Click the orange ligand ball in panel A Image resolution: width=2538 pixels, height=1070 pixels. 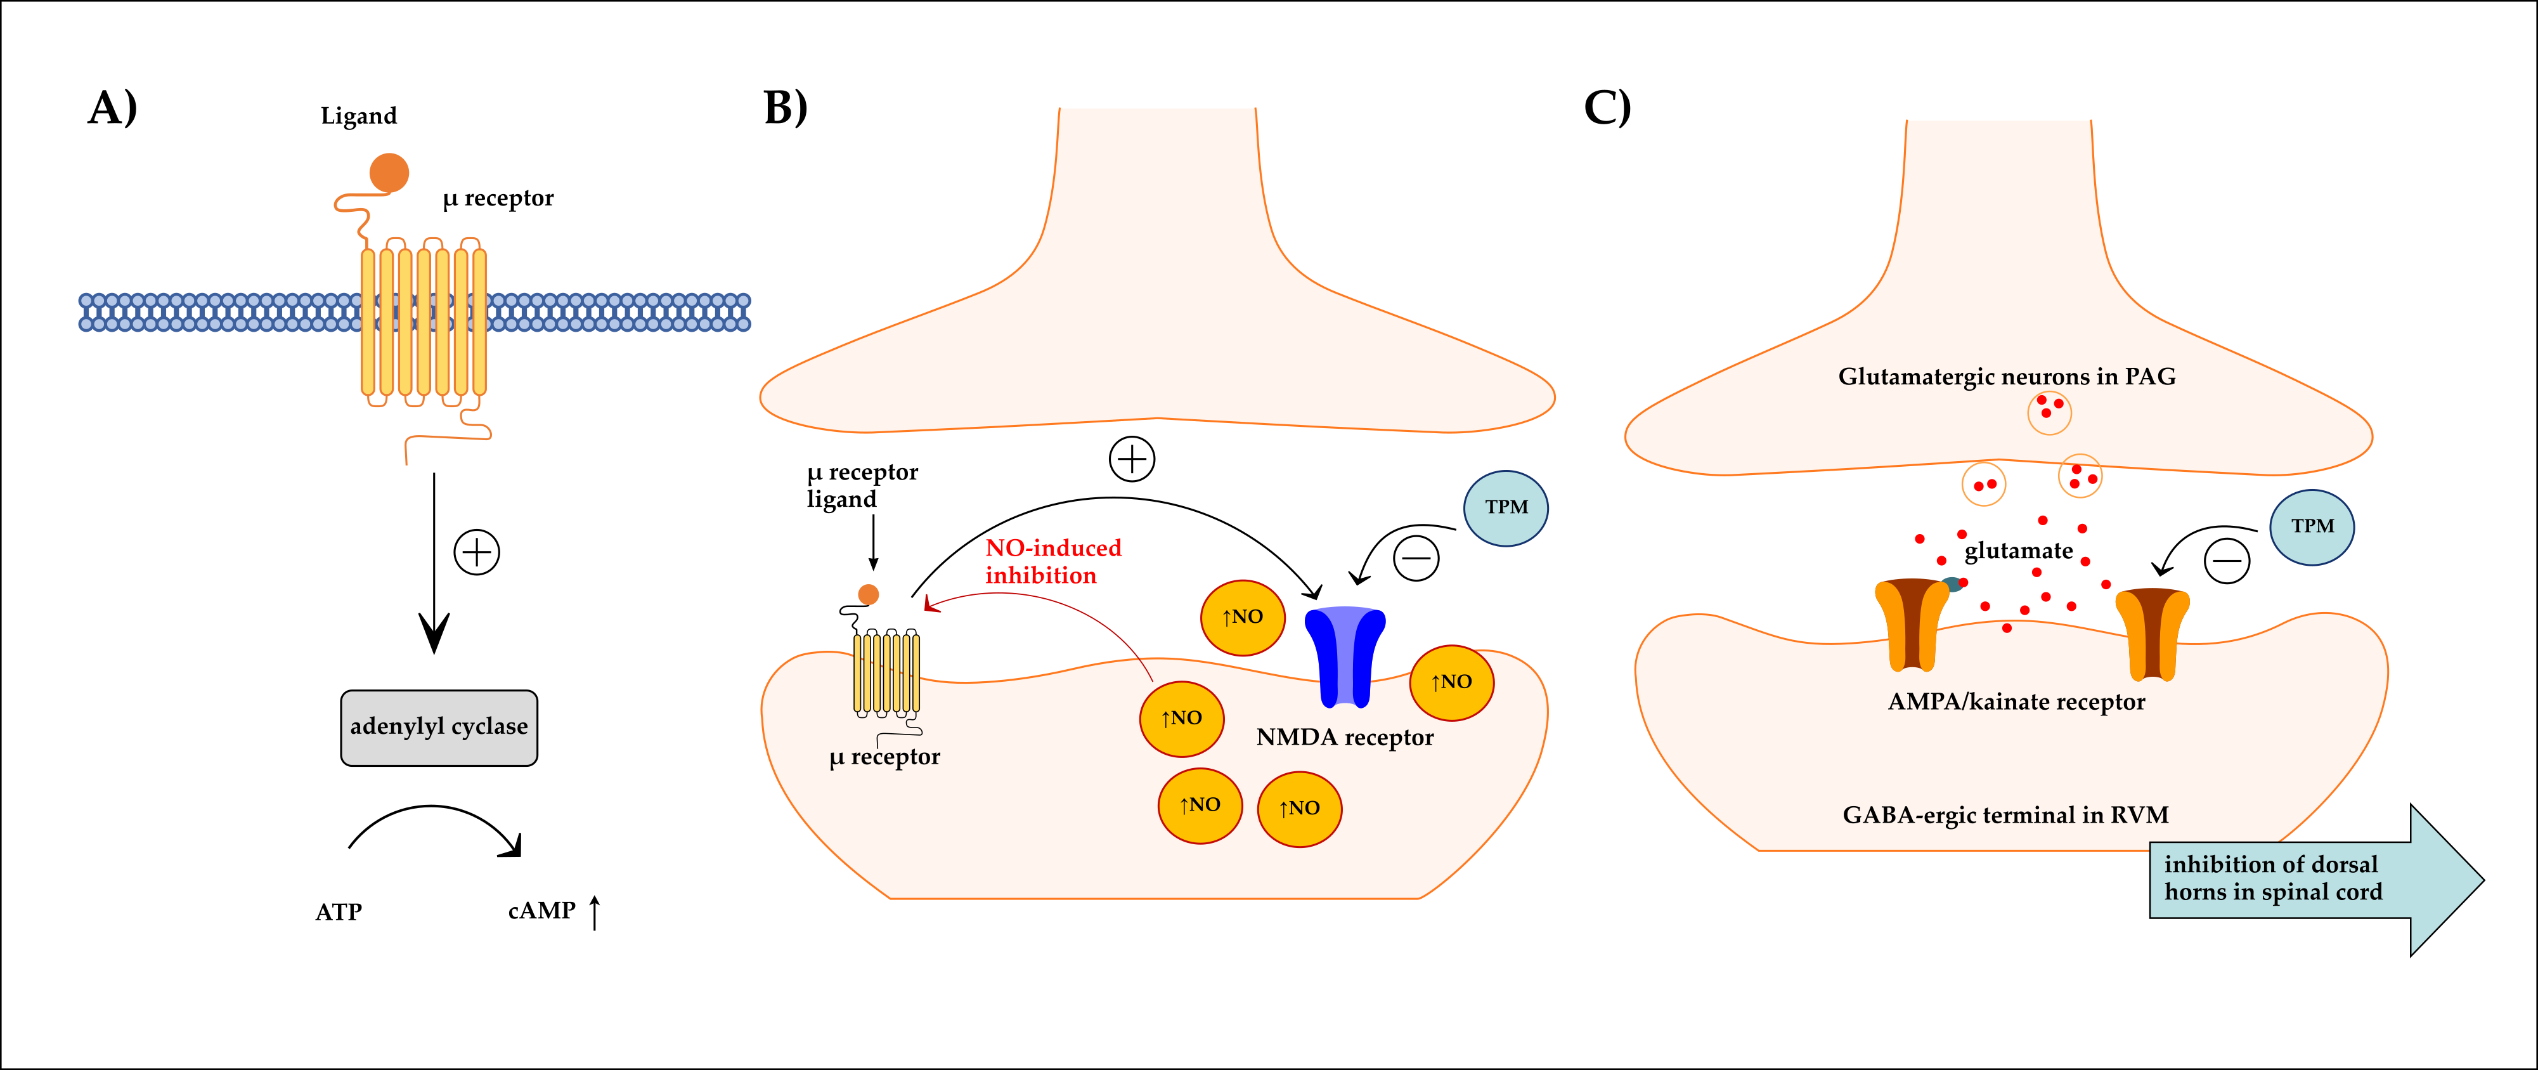(389, 173)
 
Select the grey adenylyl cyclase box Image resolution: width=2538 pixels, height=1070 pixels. (439, 727)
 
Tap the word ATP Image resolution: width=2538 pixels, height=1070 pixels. (338, 911)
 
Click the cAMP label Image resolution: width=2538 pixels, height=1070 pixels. (541, 910)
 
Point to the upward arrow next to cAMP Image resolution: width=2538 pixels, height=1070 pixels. (594, 911)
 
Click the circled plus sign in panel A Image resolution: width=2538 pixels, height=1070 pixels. (477, 552)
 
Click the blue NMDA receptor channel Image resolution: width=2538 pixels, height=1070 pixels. (1345, 655)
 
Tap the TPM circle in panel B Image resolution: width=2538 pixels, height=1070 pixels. (1505, 507)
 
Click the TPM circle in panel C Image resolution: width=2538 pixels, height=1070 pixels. (2312, 526)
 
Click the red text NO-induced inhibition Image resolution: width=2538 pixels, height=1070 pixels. (1052, 561)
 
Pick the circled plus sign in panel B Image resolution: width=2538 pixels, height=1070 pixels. (1132, 459)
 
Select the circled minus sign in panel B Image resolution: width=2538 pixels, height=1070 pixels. (1416, 559)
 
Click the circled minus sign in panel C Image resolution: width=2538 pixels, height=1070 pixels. (2227, 561)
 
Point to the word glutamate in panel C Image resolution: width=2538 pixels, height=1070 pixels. (2018, 551)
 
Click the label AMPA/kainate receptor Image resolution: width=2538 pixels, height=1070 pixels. (2016, 701)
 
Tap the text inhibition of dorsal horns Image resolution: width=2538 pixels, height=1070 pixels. (2272, 878)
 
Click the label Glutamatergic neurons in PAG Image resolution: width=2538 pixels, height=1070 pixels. (2006, 376)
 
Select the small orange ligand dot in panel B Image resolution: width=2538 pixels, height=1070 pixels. (868, 594)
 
